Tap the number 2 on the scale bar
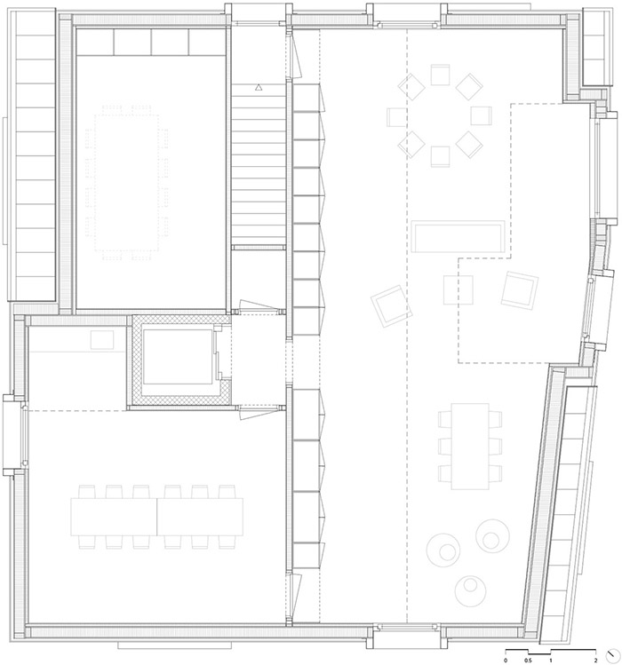(x=595, y=661)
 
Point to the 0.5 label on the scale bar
(x=528, y=661)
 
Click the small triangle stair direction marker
(x=259, y=88)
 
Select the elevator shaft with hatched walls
(x=181, y=360)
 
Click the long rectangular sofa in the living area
(x=458, y=236)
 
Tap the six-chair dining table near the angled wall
(x=470, y=447)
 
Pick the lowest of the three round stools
(x=470, y=590)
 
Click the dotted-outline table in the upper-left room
(x=127, y=182)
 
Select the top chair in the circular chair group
(x=440, y=75)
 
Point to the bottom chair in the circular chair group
(x=440, y=156)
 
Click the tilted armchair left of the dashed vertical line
(x=392, y=306)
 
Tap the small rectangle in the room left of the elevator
(x=102, y=340)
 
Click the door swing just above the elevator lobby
(x=250, y=306)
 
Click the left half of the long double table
(x=114, y=517)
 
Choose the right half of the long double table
(x=200, y=517)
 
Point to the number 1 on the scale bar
(x=551, y=661)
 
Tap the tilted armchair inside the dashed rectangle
(x=520, y=290)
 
